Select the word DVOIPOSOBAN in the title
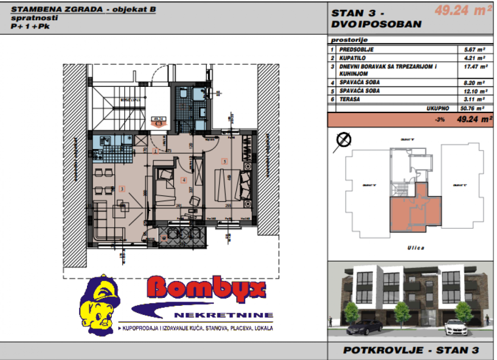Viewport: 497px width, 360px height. tap(376, 24)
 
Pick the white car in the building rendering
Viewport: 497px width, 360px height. tap(455, 328)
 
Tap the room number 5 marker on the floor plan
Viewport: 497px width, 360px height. tap(225, 161)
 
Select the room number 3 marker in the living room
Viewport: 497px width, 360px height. tap(121, 189)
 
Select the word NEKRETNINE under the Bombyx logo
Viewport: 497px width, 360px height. tap(224, 315)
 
